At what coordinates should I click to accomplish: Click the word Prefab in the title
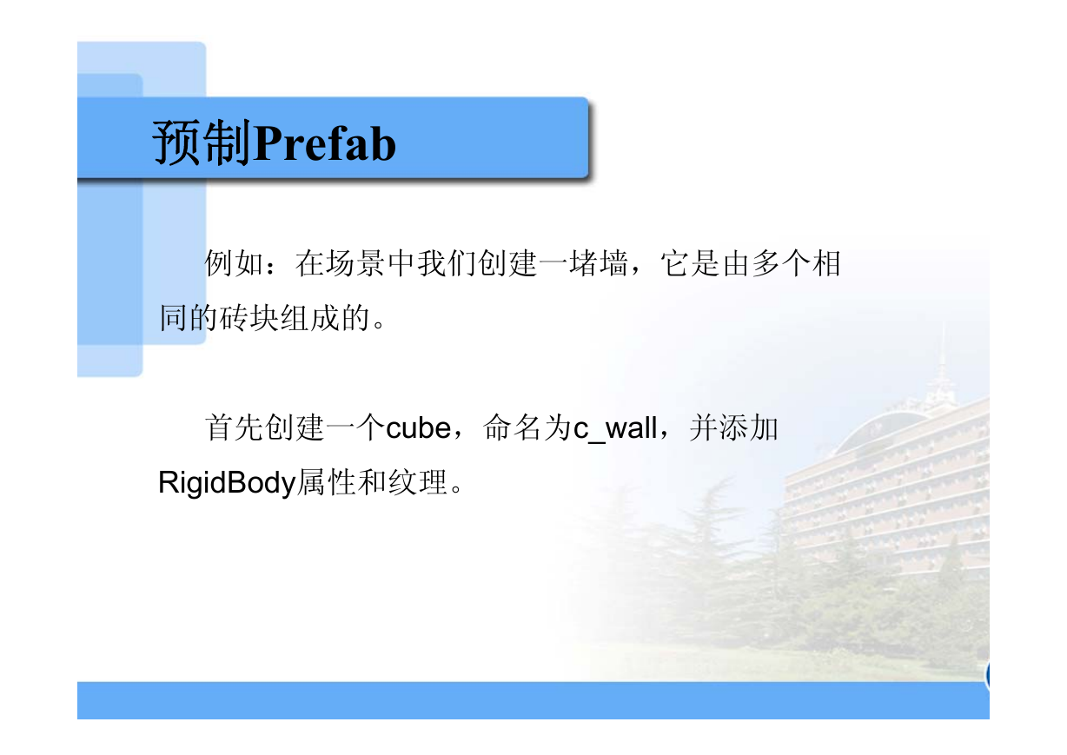325,143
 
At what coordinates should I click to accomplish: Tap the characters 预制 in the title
202,142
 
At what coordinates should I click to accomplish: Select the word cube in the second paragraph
418,428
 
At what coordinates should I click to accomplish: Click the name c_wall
615,428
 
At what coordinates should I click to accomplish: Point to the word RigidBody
227,483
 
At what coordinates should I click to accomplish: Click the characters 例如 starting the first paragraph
234,264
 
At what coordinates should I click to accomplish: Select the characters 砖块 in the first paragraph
249,318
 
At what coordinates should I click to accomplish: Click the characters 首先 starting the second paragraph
234,428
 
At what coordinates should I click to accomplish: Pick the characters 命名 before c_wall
512,428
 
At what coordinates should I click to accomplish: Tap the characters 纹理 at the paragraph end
418,482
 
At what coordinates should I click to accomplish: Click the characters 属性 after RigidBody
327,482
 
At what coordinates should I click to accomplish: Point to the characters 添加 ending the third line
749,428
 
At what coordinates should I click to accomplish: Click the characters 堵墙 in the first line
599,264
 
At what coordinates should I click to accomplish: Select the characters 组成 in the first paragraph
310,318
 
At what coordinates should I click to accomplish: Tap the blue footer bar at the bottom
533,700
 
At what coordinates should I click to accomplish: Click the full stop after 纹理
456,489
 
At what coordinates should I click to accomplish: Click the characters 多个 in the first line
782,264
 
